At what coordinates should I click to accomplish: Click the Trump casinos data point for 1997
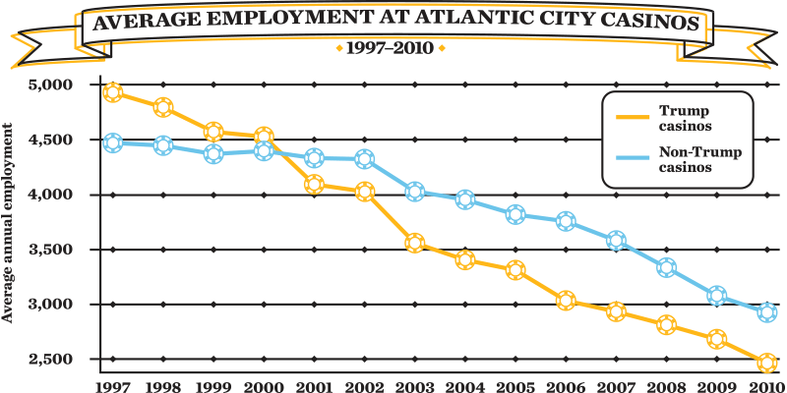112,92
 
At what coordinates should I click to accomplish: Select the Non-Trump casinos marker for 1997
112,142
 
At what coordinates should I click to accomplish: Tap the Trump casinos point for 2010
767,363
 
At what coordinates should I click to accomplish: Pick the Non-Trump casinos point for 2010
767,312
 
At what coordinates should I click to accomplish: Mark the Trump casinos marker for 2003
414,244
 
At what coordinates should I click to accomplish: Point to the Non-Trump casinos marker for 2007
616,240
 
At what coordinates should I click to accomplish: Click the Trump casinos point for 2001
314,184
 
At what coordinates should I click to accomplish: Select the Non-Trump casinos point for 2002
364,159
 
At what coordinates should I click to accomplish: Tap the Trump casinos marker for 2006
566,301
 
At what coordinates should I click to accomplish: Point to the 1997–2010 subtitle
391,48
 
